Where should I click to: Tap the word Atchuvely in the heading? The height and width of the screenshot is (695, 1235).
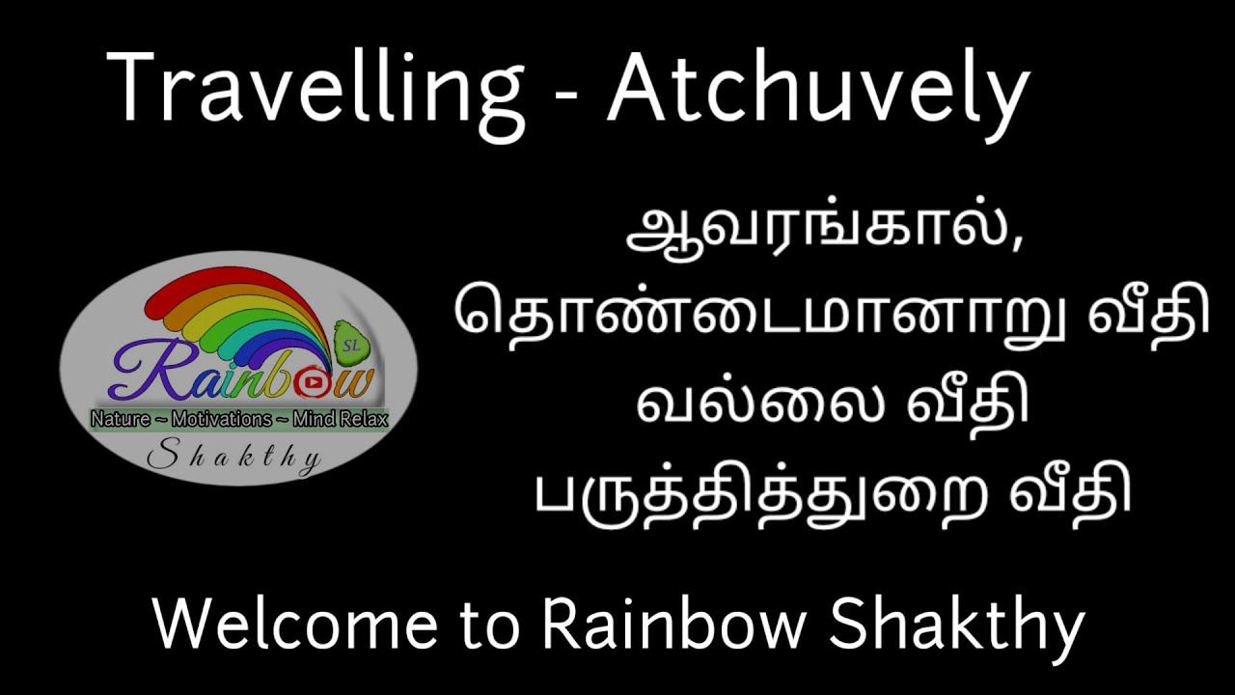(x=817, y=89)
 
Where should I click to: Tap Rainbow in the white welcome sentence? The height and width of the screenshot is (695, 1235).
(x=673, y=625)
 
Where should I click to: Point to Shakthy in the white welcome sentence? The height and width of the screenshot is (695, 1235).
(x=956, y=626)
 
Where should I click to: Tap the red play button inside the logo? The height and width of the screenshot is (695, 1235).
(x=312, y=382)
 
